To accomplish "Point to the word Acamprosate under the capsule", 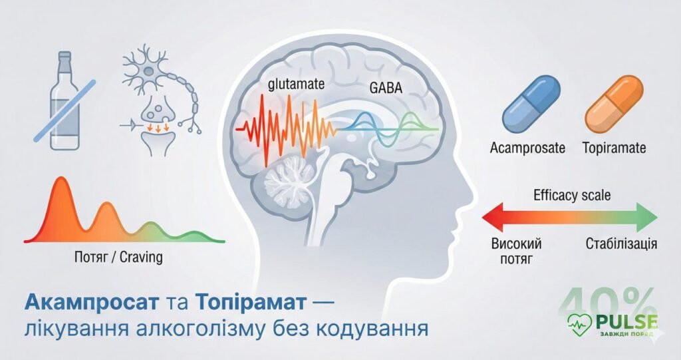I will pos(527,148).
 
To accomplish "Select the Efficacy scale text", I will pos(572,196).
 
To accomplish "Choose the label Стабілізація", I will pos(621,244).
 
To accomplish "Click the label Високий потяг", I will pos(515,251).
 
